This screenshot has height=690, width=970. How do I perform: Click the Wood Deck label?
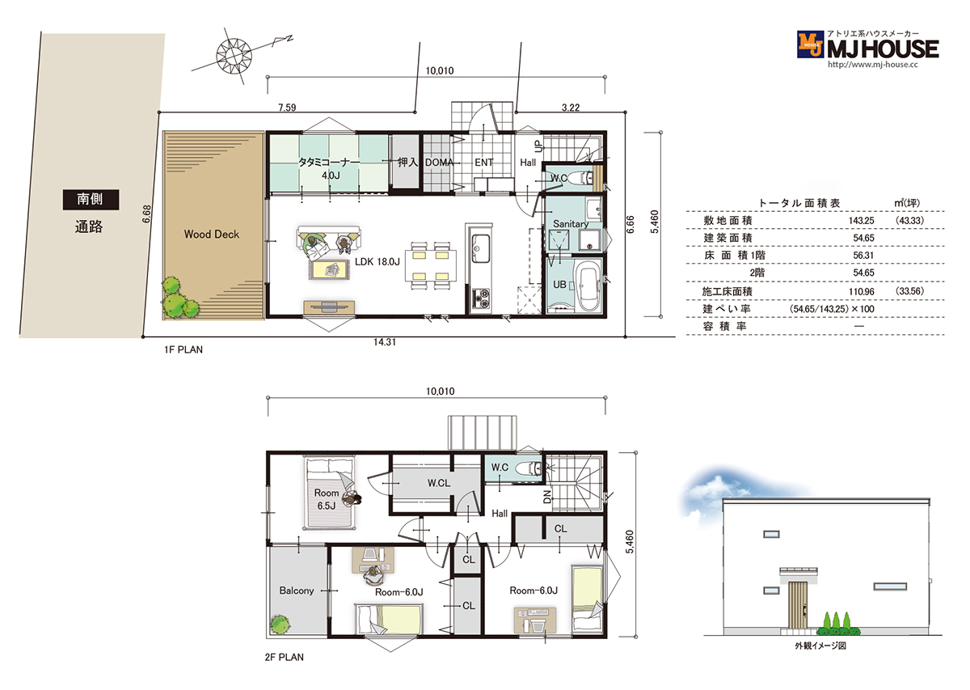tap(211, 235)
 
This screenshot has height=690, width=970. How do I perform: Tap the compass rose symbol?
tap(234, 55)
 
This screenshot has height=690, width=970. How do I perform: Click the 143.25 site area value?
tap(861, 221)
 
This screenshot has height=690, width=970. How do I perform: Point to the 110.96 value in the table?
tap(861, 292)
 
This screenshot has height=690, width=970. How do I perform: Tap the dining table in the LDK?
tap(431, 265)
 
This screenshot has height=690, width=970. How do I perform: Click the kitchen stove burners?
tap(481, 297)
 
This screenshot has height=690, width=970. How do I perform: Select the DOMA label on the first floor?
tap(439, 163)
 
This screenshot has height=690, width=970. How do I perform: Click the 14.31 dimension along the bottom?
tap(385, 342)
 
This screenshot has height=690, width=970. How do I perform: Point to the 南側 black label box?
tap(91, 200)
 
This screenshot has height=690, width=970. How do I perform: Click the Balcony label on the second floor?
tap(297, 591)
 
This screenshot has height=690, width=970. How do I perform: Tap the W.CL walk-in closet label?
tap(439, 483)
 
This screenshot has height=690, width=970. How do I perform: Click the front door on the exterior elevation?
tap(797, 605)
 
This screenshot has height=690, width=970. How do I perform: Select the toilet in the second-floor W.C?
tap(530, 468)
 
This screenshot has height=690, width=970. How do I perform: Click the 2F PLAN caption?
tap(284, 658)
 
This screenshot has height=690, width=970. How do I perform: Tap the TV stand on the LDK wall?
tap(329, 307)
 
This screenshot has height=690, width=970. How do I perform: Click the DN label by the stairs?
tap(547, 497)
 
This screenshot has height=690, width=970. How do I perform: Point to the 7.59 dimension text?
tap(287, 108)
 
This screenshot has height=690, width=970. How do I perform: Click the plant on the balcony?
tap(280, 624)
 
